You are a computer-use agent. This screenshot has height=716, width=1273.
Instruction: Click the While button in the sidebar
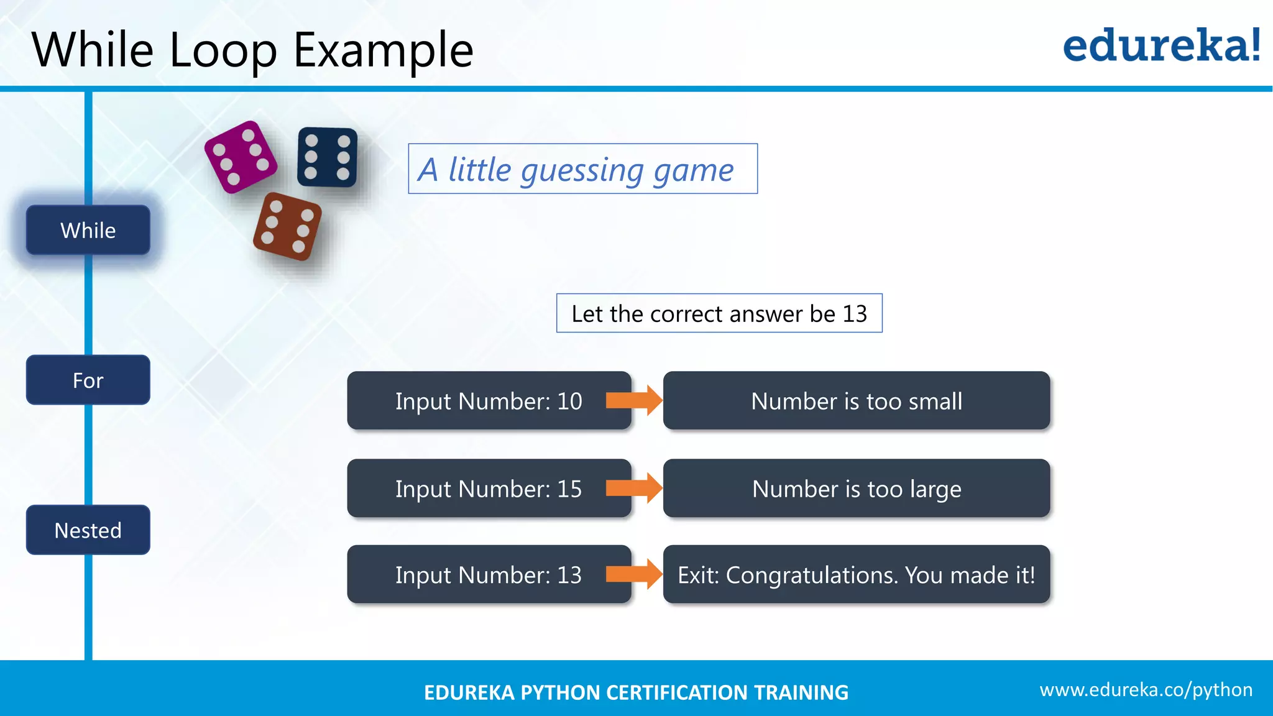point(88,230)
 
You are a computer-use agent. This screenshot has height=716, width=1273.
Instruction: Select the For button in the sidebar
point(88,380)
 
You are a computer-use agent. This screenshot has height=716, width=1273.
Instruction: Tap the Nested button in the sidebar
point(88,530)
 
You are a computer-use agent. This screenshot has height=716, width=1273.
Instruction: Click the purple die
point(241,157)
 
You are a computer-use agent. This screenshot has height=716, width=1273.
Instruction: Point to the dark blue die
point(327,157)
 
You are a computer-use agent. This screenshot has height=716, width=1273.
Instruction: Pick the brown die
point(287,227)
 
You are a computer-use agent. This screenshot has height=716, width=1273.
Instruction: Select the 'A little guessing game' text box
point(582,169)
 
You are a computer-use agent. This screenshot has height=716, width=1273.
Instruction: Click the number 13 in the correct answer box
point(855,314)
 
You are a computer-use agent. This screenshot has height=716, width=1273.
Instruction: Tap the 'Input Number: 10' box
point(489,401)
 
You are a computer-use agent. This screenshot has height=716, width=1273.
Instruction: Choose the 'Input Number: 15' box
point(489,489)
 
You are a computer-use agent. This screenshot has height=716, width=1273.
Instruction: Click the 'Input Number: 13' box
point(489,575)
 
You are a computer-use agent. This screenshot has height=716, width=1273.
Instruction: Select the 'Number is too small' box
point(857,401)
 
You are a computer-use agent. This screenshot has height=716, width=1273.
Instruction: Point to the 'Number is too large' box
point(857,489)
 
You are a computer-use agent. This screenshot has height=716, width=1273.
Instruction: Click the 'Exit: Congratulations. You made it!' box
point(857,575)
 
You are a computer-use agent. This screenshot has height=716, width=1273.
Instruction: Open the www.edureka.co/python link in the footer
point(1146,690)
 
